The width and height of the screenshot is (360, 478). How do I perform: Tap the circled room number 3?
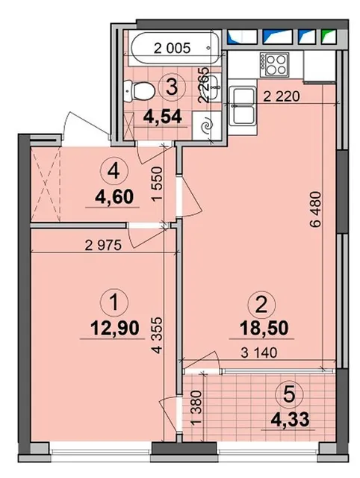pos(171,85)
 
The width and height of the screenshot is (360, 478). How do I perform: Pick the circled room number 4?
pos(114,170)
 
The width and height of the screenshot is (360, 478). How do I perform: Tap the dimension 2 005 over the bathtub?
pos(173,49)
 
